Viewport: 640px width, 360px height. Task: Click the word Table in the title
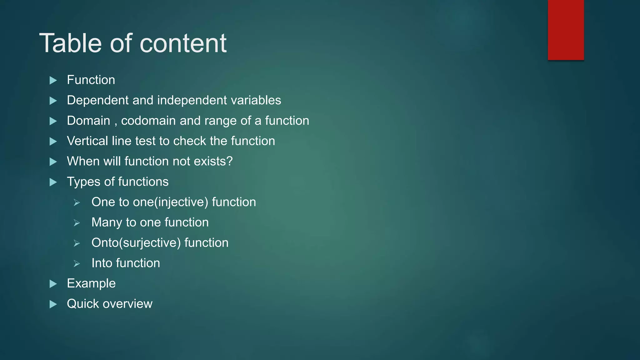71,43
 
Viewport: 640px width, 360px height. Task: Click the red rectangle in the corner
566,30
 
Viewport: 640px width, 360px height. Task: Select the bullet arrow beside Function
53,81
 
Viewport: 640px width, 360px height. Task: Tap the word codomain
148,121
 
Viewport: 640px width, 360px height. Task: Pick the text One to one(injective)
150,202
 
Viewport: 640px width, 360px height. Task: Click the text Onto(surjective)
136,243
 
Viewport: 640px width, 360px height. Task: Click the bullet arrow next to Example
53,284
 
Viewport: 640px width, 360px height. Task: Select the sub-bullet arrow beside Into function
77,264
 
